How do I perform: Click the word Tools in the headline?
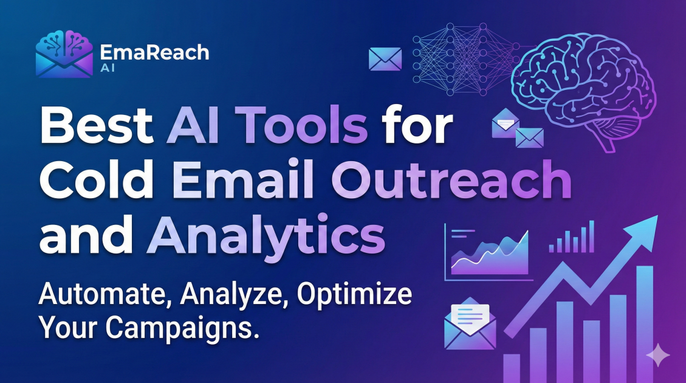tap(304, 128)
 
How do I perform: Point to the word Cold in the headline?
tap(95, 180)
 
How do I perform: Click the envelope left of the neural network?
tap(385, 58)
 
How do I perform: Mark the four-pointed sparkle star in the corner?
tap(657, 354)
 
